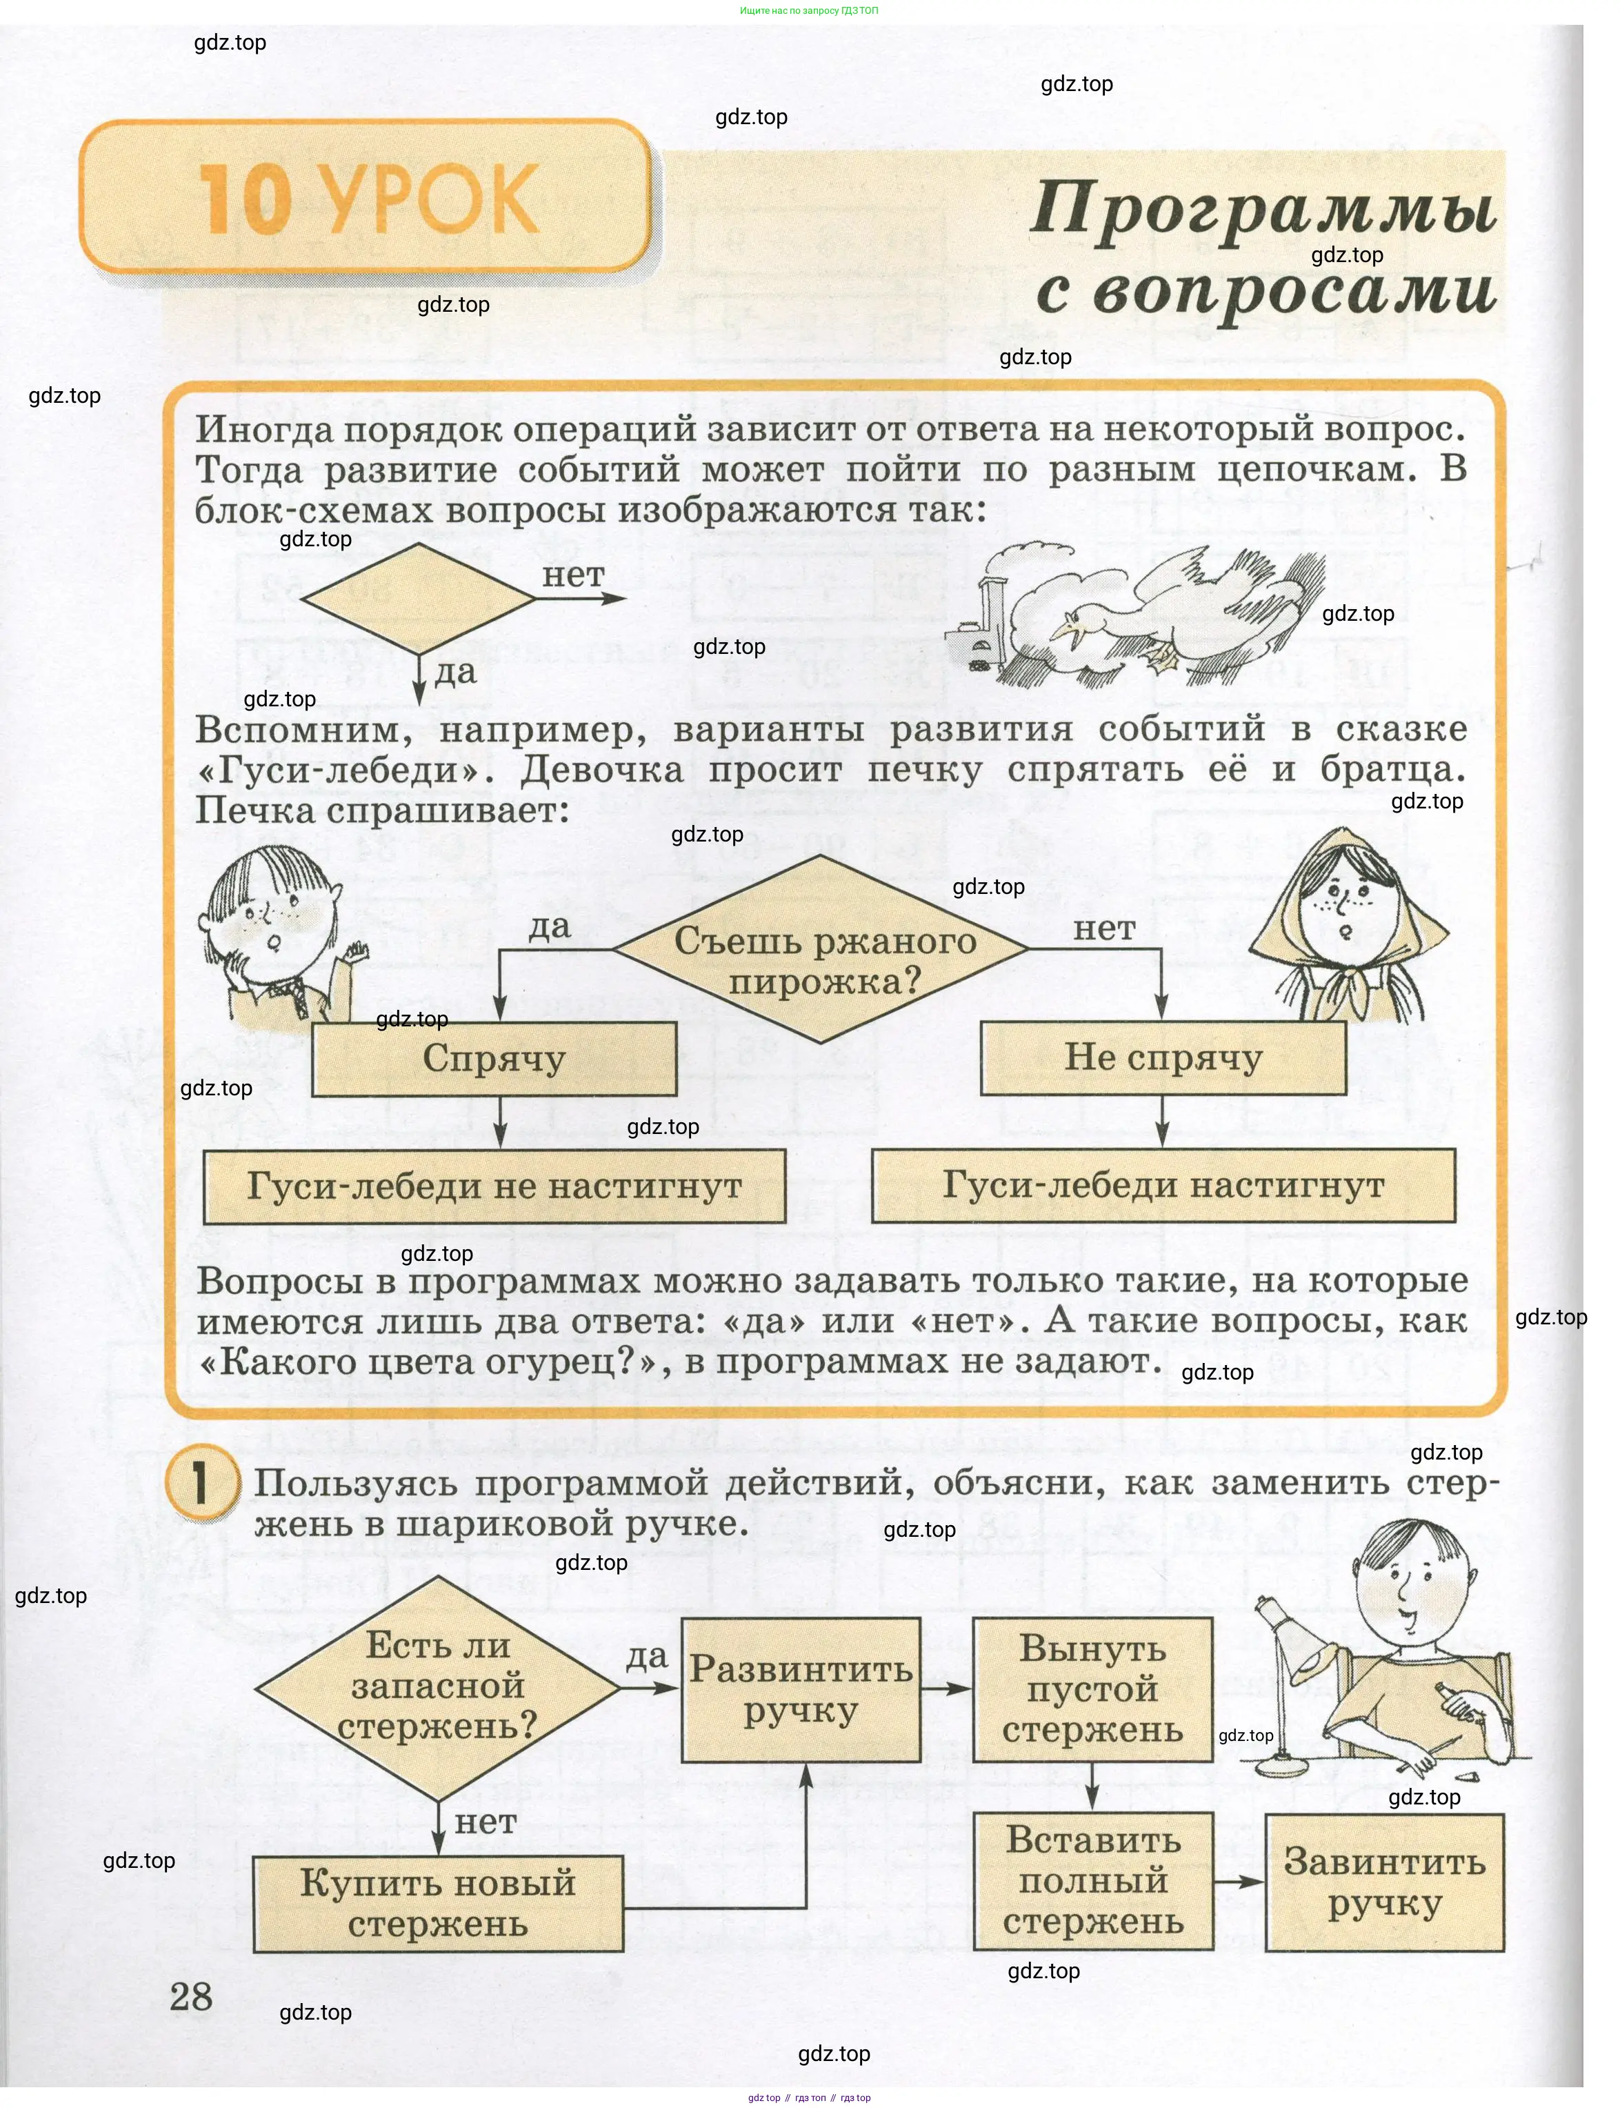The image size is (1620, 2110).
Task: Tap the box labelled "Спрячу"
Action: click(x=494, y=1058)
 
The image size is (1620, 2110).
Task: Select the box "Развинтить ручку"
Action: click(x=801, y=1689)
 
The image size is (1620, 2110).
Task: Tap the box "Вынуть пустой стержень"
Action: click(x=1092, y=1689)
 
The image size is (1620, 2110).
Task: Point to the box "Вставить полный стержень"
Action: click(x=1092, y=1880)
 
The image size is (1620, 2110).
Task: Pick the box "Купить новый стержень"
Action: click(x=438, y=1902)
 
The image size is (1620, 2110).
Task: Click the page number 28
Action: click(x=191, y=1996)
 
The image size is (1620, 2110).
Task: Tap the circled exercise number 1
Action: click(x=201, y=1482)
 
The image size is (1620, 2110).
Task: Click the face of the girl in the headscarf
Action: click(x=1346, y=911)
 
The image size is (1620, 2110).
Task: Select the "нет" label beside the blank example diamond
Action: click(x=573, y=575)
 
